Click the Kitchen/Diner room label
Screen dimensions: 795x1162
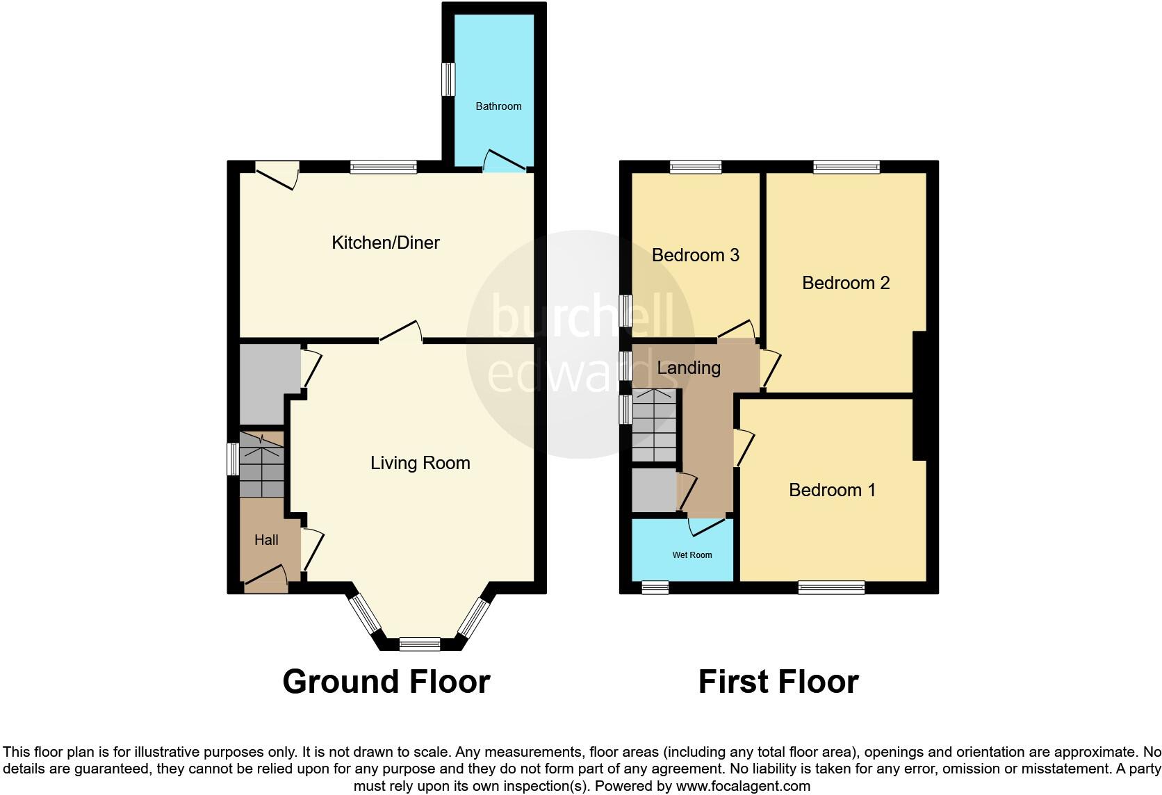[x=386, y=243]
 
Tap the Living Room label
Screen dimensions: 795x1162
[x=420, y=463]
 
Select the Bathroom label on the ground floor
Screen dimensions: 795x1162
[x=498, y=106]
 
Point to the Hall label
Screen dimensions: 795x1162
[x=266, y=540]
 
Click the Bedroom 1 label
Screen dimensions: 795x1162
[x=832, y=490]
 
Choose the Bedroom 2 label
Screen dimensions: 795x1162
[x=846, y=283]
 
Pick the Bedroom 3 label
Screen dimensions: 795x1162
[x=695, y=255]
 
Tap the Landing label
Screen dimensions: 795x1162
[x=689, y=368]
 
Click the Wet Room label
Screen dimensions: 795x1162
[x=692, y=555]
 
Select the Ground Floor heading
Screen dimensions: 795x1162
[x=386, y=682]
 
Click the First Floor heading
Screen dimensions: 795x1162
[x=778, y=682]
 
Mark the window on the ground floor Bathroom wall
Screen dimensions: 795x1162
[x=449, y=79]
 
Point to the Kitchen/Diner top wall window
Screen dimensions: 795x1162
[x=384, y=167]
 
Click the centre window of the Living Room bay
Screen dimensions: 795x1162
[x=420, y=644]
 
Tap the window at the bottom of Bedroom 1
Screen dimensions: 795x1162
[x=831, y=588]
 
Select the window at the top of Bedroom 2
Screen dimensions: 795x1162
[x=846, y=167]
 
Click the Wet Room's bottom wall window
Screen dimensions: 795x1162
[x=655, y=588]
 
